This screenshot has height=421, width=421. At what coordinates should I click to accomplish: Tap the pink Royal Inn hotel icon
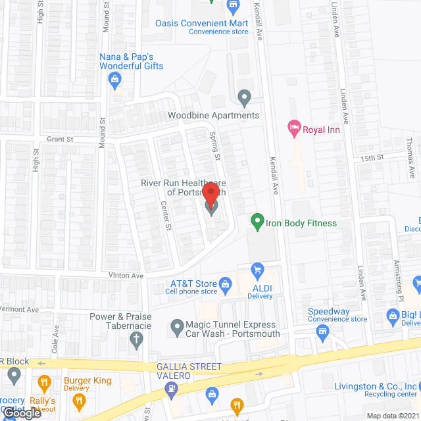295,128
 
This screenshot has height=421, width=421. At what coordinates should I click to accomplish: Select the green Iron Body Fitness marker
257,222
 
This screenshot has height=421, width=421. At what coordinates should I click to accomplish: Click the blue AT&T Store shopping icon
224,284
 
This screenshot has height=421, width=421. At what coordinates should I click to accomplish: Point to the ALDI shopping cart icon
257,269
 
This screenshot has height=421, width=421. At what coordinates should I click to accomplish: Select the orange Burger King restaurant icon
44,382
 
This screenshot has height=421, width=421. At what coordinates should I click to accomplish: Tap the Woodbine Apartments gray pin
245,99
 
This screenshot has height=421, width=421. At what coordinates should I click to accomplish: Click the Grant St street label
59,139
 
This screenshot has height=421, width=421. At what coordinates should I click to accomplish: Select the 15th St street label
371,159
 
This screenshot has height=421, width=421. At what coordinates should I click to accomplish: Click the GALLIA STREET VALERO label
189,370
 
